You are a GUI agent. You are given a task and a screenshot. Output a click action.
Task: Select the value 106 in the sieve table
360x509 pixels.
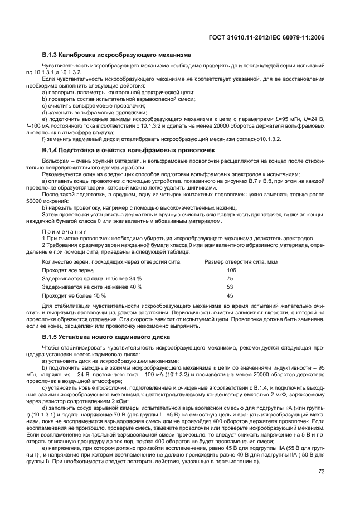point(231,270)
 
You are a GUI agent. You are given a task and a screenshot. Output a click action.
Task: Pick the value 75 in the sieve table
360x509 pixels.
point(230,278)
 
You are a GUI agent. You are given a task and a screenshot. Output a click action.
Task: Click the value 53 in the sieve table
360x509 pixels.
point(230,287)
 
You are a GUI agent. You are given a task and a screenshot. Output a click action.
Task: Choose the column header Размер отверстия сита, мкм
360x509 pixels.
point(241,261)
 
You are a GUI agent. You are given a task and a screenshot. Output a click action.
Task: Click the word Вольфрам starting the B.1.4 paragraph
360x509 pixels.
point(55,161)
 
